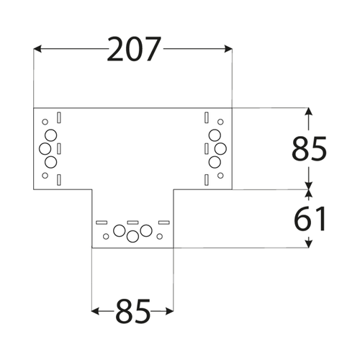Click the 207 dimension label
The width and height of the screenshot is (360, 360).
point(133,49)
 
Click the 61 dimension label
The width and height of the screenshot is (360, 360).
point(310,219)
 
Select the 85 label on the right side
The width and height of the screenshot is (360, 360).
point(309,148)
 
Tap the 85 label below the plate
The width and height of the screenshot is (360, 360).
point(133,311)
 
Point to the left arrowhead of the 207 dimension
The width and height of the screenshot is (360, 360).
point(37,49)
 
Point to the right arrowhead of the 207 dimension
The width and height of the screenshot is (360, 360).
point(228,49)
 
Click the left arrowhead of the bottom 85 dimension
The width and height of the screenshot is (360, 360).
point(96,312)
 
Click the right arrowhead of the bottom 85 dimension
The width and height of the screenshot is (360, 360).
point(169,312)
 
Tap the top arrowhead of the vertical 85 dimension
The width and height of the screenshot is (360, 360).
point(309,112)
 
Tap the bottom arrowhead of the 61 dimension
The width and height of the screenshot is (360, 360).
point(309,243)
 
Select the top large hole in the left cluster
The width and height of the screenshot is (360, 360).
point(50,135)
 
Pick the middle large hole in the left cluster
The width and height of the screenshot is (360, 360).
point(45,149)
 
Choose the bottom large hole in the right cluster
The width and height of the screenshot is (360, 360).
point(215,162)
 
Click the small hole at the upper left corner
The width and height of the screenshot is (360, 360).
point(45,122)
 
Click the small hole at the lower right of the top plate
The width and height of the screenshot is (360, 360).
point(220,176)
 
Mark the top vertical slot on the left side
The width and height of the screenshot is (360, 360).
point(59,117)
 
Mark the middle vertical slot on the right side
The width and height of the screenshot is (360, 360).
point(207,149)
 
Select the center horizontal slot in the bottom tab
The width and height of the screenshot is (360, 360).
point(132,222)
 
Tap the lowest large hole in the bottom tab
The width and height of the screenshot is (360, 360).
point(132,236)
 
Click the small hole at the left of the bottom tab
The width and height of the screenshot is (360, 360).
point(106,236)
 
